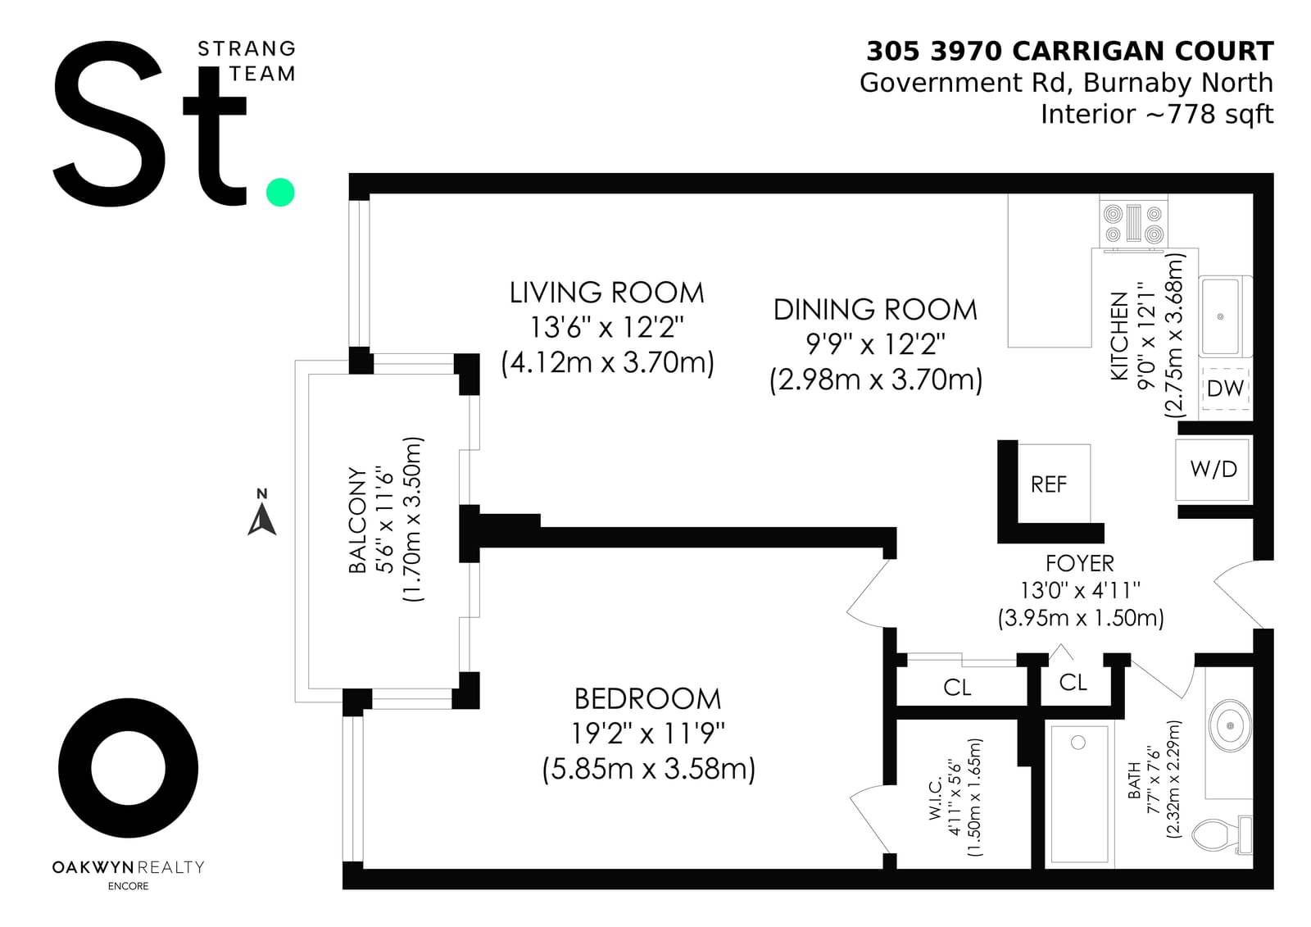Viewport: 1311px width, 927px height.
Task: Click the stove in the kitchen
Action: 1133,223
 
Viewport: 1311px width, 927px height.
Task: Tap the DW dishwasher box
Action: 1225,389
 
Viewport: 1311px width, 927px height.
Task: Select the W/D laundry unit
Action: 1213,469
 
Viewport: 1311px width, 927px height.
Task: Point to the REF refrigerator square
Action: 1054,483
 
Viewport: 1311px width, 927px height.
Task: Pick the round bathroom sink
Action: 1230,725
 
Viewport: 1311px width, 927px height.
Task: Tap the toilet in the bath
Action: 1222,834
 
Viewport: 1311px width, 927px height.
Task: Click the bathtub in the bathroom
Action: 1080,794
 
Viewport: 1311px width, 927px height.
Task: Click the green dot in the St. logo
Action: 280,192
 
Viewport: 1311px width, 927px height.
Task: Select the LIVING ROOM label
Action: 607,293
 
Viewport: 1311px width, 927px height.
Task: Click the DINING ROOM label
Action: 876,310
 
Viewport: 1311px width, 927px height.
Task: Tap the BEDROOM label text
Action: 648,698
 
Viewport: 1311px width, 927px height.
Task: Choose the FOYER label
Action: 1080,563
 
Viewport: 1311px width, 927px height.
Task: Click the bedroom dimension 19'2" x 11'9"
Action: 648,734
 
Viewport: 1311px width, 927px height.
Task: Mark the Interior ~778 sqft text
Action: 1157,114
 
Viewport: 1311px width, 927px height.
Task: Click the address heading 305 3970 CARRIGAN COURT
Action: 1070,52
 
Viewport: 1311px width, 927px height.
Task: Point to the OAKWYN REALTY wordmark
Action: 128,866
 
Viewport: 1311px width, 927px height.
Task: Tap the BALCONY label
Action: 357,520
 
